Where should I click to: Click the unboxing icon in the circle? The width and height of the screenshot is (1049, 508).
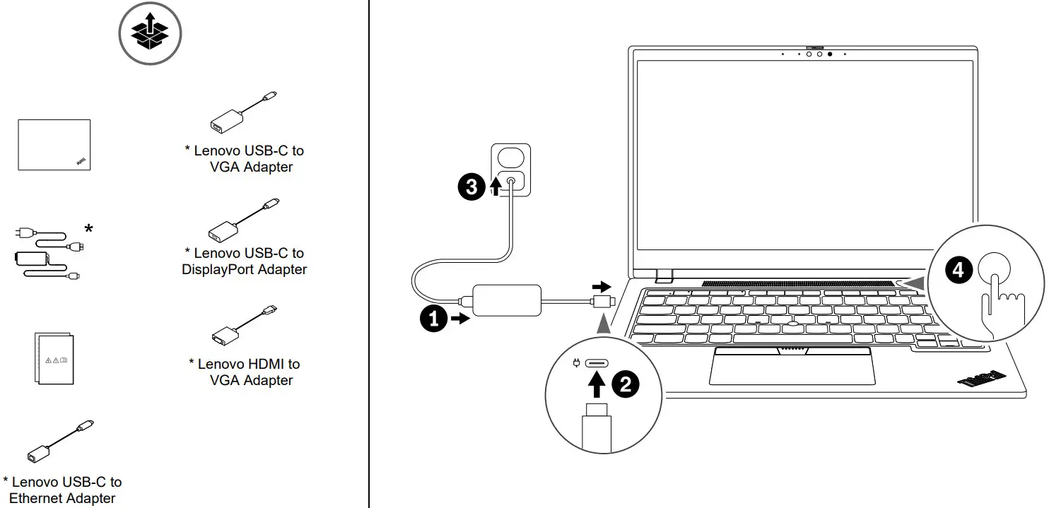point(150,33)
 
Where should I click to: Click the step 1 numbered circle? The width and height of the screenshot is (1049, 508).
point(433,319)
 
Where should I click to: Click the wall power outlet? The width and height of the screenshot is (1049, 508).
point(510,170)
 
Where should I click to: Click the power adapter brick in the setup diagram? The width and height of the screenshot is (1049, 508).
point(507,300)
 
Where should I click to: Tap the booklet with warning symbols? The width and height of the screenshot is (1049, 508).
point(54,359)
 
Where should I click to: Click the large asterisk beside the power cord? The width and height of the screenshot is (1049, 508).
point(88,229)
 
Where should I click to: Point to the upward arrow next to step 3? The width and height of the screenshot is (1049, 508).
point(496,187)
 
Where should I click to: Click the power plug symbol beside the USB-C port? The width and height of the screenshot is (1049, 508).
point(576,364)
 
